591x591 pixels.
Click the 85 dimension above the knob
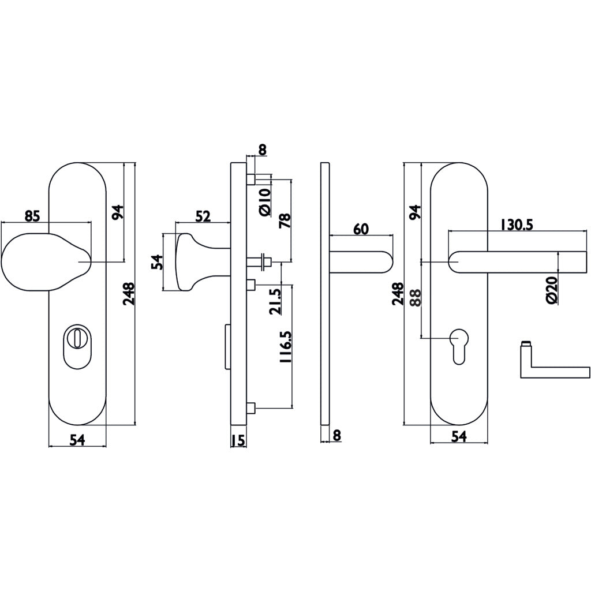[x=32, y=216]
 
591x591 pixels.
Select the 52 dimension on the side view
[x=203, y=216]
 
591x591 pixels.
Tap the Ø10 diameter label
[x=265, y=202]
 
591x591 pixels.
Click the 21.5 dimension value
[x=276, y=301]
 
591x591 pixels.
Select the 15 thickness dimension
[x=238, y=440]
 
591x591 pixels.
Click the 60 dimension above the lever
[x=361, y=229]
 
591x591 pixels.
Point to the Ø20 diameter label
[x=551, y=290]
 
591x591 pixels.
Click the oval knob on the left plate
[x=43, y=261]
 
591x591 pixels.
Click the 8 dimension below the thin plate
[x=337, y=435]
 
